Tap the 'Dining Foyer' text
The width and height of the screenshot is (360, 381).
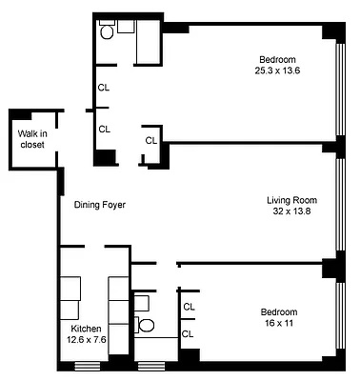point(100,205)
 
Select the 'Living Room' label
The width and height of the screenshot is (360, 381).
point(291,200)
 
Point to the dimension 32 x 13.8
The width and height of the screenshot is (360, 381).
point(291,211)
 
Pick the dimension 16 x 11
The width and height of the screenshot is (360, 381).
point(279,324)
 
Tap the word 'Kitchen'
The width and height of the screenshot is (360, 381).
point(76,327)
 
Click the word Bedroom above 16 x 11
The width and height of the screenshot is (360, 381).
point(279,312)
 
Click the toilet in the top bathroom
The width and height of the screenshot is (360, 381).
point(108,31)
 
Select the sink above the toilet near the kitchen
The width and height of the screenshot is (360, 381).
point(141,303)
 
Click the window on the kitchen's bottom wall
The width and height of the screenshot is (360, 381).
point(88,366)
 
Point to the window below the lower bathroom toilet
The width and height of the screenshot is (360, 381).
point(150,366)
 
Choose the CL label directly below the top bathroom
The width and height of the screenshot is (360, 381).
point(104,88)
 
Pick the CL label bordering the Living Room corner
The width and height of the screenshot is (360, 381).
point(150,141)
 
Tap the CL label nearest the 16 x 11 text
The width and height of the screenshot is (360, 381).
point(189,333)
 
